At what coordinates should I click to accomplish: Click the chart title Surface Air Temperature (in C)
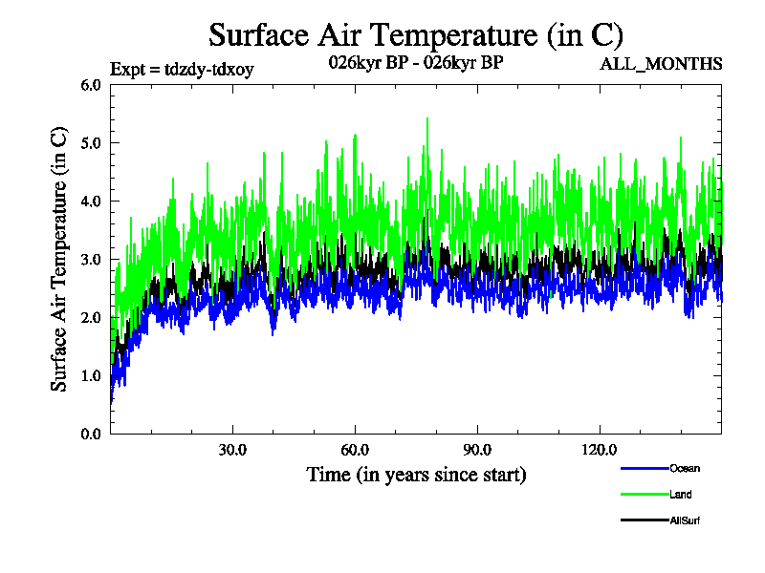click(x=416, y=35)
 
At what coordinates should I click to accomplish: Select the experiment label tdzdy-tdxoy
click(x=183, y=69)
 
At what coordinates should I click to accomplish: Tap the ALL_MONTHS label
click(x=661, y=65)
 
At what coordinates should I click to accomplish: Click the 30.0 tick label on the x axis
click(x=232, y=450)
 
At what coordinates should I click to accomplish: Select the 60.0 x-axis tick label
click(x=355, y=450)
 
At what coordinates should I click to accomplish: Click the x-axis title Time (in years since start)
click(x=416, y=474)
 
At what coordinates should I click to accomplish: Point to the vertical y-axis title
click(x=59, y=259)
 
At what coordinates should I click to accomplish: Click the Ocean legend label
click(x=684, y=469)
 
